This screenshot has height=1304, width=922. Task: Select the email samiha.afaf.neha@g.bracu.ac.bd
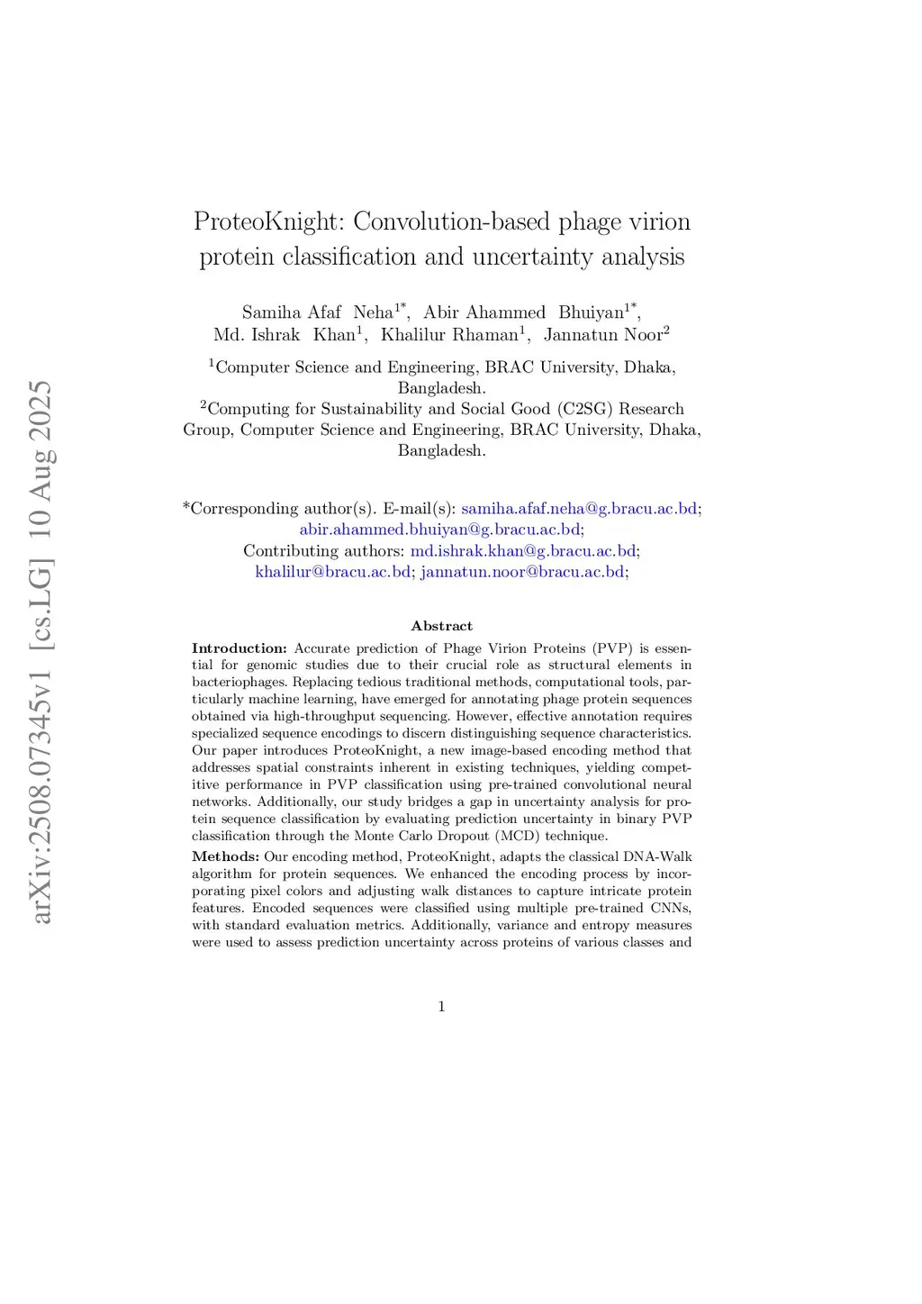[579, 509]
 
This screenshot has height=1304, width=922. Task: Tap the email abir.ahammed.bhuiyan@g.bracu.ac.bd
[439, 530]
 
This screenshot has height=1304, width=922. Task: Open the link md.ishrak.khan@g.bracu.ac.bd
[522, 551]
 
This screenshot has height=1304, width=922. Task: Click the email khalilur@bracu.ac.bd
[332, 572]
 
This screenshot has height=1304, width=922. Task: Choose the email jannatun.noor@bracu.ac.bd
[522, 572]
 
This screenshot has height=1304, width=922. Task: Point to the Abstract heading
[441, 626]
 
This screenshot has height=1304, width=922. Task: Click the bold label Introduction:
[239, 648]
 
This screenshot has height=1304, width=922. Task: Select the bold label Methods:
[225, 856]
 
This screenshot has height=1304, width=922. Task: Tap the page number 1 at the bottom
[441, 1007]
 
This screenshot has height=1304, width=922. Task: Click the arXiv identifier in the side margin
[41, 653]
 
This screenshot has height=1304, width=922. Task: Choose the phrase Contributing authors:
[324, 551]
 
